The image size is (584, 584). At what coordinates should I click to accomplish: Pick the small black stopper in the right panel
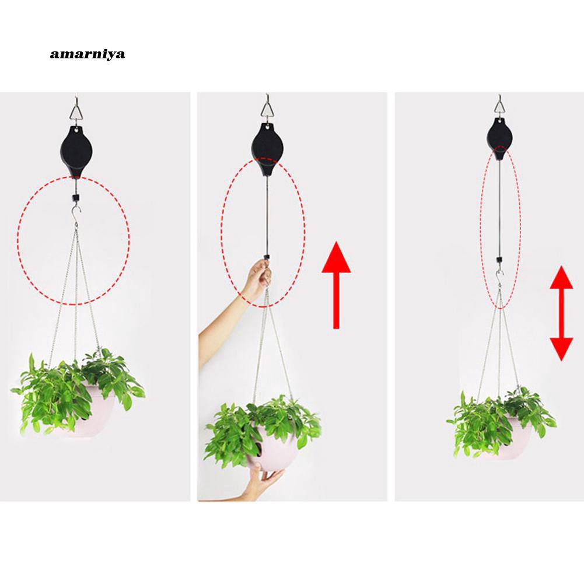click(500, 258)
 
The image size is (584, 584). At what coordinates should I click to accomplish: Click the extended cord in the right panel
click(500, 204)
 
